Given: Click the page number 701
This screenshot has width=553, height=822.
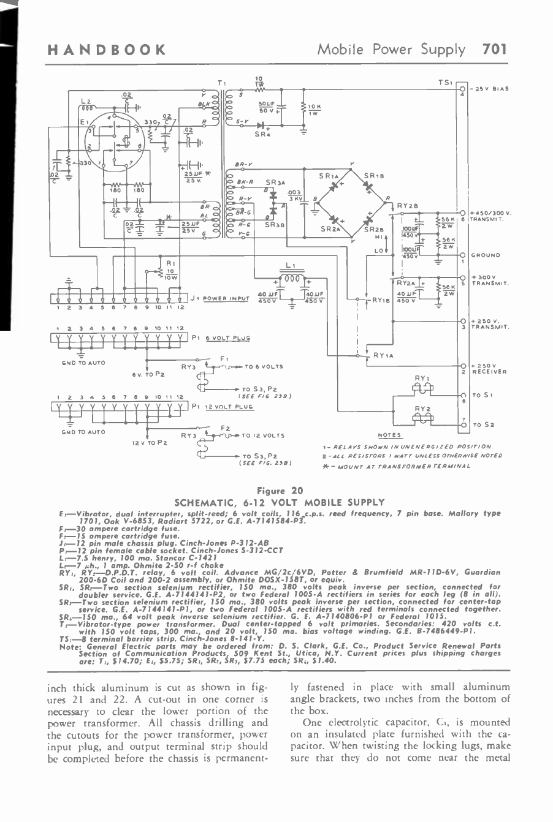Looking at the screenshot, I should coord(495,50).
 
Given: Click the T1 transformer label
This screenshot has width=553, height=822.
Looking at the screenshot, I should coord(221,82).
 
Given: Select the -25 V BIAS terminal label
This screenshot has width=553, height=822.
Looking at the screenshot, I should coord(490,89).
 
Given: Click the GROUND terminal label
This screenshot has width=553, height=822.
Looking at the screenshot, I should coord(486,255).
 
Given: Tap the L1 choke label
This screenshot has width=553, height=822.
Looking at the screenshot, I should coord(291,266).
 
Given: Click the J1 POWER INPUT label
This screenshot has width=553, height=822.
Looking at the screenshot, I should coord(220,298).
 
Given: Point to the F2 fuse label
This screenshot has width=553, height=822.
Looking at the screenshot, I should coord(225,427).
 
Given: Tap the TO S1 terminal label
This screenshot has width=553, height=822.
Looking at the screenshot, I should coord(482,395).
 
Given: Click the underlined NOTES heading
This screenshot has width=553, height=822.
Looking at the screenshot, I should coord(389,435).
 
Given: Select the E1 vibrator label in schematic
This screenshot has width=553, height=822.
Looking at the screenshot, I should coord(84,121).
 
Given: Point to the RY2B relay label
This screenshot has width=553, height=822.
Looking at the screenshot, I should coord(407,206).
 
